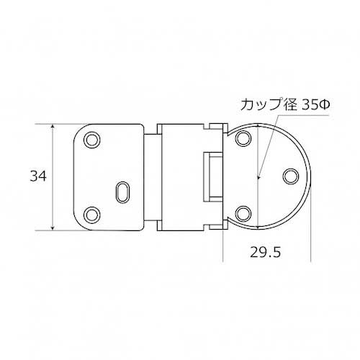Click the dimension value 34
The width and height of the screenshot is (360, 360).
38,176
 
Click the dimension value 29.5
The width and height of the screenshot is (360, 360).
265,252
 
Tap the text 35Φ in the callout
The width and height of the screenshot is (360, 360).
316,104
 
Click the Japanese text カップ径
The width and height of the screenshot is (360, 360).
269,104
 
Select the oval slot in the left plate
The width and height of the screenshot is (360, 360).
123,192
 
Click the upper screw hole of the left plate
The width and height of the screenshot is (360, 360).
92,140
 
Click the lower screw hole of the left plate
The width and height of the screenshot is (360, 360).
92,215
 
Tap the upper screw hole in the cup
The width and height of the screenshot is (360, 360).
243,138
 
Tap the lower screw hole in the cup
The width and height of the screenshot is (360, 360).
243,214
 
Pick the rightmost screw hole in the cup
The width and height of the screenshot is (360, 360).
291,176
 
